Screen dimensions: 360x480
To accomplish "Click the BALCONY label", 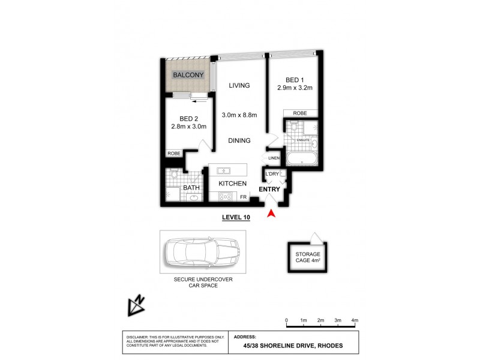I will (188, 76).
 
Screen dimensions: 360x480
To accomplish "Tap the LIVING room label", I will (239, 86).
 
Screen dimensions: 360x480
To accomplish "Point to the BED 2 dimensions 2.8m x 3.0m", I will (189, 127).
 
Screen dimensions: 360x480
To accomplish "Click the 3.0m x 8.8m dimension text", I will (239, 115).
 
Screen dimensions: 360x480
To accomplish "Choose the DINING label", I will (239, 140).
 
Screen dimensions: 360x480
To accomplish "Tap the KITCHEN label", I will (233, 184).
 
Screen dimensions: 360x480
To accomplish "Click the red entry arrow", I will (272, 212).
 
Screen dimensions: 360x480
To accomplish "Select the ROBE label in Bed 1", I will (301, 113).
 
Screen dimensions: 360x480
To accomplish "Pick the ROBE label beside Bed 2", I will (173, 154).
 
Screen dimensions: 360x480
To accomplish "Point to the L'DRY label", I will (272, 174).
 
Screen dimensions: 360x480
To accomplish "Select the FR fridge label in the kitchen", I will (244, 196).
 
